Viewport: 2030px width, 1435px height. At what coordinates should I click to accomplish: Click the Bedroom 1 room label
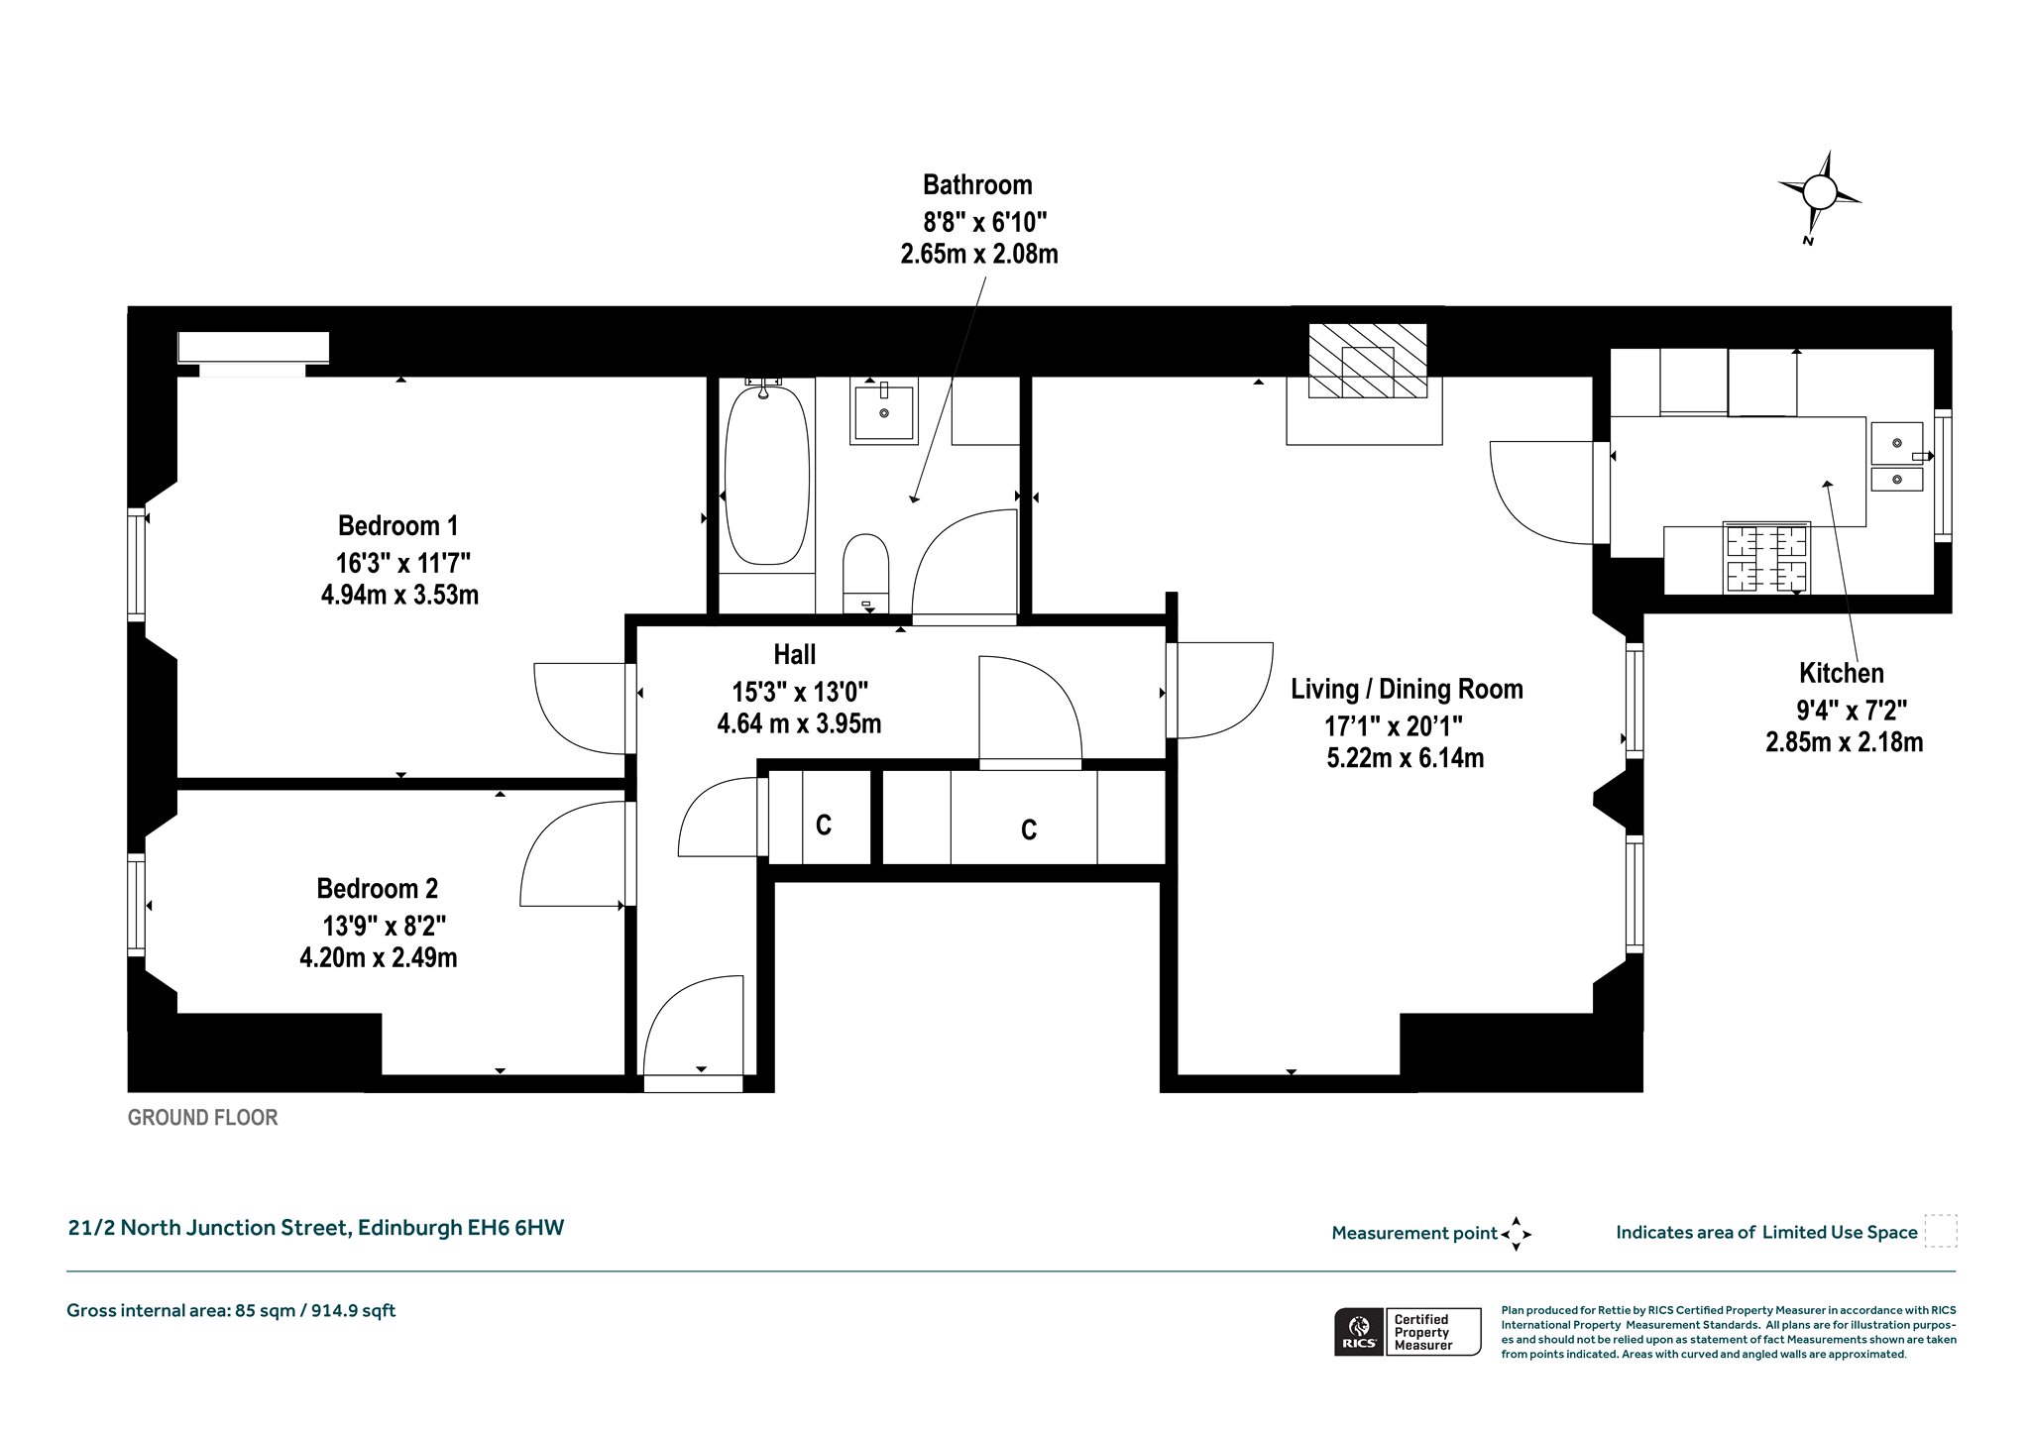(398, 525)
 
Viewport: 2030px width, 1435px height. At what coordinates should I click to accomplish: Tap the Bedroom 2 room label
(377, 888)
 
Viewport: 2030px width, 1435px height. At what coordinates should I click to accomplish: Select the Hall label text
(795, 654)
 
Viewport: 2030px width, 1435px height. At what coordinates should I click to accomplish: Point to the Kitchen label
(1842, 673)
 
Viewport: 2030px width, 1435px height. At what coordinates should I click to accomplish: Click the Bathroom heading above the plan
(977, 185)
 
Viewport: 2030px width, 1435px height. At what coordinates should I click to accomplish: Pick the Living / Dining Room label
(1407, 689)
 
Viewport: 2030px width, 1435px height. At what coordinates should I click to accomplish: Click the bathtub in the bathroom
(767, 476)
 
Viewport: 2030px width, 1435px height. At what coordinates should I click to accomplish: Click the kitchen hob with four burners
(1767, 557)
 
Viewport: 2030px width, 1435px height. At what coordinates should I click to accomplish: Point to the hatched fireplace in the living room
(1368, 361)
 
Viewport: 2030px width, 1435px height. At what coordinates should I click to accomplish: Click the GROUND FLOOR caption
(203, 1118)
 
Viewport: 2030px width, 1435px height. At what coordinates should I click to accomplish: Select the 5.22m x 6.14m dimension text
(1405, 758)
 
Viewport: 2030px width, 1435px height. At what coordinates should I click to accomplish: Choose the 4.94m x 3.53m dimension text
(399, 595)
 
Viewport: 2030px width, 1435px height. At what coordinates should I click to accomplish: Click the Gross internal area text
(231, 1310)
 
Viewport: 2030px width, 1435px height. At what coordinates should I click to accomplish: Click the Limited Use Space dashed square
(1941, 1231)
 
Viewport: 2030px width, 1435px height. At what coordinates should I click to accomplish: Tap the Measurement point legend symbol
(1516, 1234)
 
